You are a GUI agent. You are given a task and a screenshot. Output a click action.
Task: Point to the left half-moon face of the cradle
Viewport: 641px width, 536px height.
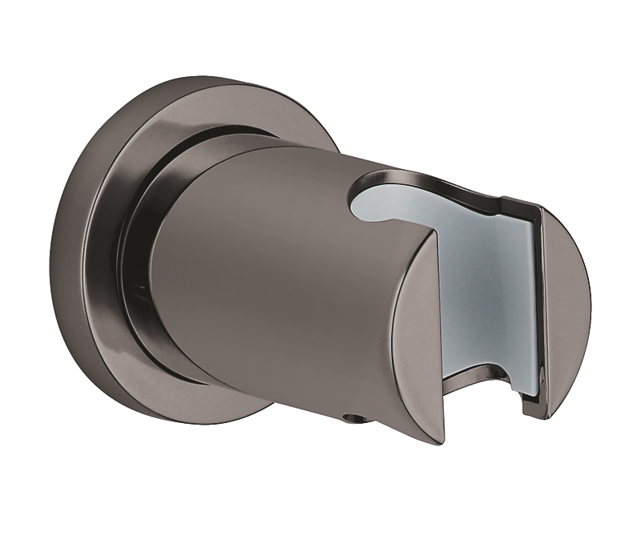click(x=417, y=337)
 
